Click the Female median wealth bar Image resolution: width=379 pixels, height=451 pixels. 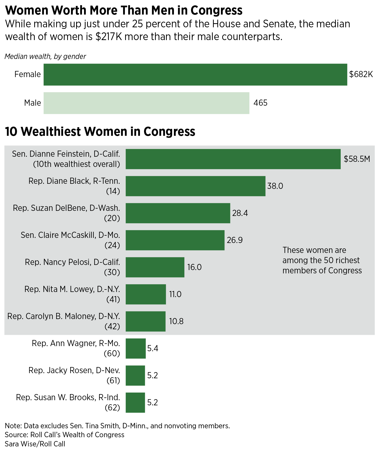click(195, 75)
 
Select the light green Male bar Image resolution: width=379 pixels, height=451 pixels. click(146, 103)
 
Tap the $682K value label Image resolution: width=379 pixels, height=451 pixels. click(361, 75)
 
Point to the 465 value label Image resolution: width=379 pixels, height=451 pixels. click(260, 103)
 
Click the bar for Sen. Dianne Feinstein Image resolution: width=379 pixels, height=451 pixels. click(233, 159)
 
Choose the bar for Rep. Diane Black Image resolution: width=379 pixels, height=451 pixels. click(195, 186)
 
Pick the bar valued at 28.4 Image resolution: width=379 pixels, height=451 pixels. click(178, 213)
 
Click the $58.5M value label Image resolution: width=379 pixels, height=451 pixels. click(357, 159)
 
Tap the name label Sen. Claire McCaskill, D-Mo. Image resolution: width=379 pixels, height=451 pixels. click(70, 235)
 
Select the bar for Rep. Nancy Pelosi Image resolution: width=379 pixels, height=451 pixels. click(155, 267)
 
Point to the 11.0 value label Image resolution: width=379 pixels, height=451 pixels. click(175, 294)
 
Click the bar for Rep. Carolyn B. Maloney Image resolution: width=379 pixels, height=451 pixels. click(145, 321)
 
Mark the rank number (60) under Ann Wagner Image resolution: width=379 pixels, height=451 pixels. click(112, 354)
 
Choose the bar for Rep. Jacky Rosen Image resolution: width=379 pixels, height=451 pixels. click(135, 375)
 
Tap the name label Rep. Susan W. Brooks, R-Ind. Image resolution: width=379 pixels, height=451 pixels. click(68, 397)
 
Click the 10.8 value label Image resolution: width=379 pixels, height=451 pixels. click(176, 321)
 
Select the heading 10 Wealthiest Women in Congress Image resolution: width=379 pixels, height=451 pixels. click(100, 132)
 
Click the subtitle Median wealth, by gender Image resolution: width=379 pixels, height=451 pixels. click(45, 56)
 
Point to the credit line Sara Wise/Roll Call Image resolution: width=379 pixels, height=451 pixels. click(35, 444)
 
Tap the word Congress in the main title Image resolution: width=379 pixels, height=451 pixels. click(216, 10)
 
